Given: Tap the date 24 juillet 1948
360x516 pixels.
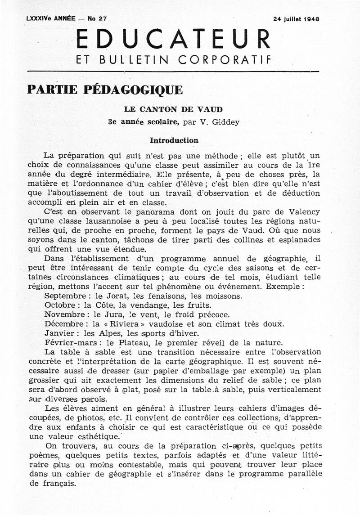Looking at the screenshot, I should pyautogui.click(x=296, y=19).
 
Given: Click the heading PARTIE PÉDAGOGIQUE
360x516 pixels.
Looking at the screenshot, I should pyautogui.click(x=105, y=90).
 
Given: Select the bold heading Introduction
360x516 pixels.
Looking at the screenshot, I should pyautogui.click(x=174, y=140).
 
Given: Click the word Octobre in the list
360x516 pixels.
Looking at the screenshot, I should pyautogui.click(x=59, y=305).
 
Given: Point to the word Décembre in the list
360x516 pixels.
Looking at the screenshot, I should pyautogui.click(x=63, y=324).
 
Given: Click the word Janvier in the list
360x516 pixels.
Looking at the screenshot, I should pyautogui.click(x=59, y=333).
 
